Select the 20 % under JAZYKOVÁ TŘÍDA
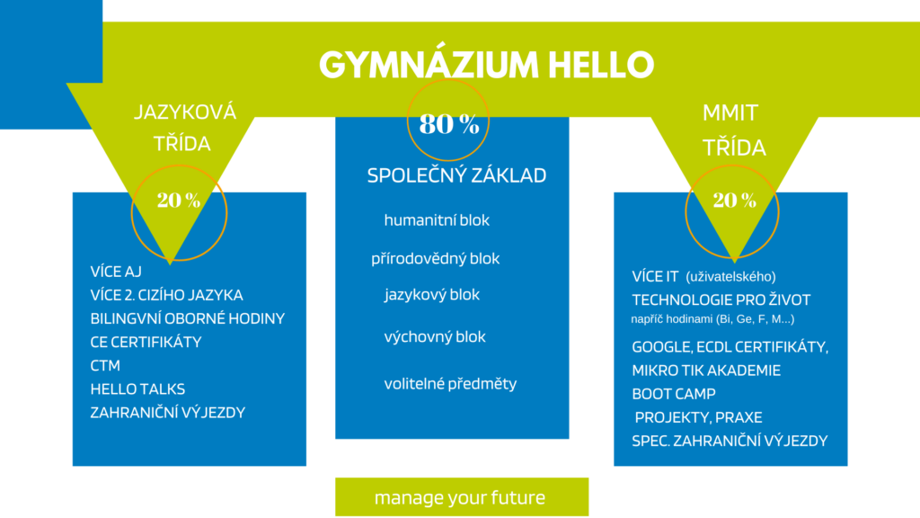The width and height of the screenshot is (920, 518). tap(179, 201)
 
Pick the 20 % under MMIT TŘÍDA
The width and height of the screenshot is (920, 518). tap(735, 201)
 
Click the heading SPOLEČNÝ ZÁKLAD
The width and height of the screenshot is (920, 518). tap(456, 175)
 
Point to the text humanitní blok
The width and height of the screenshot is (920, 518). tap(437, 220)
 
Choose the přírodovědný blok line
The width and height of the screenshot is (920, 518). tap(436, 258)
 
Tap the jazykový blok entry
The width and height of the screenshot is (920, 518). tap(432, 295)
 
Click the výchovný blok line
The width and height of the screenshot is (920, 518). tap(435, 337)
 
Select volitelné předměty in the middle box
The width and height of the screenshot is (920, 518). tap(451, 383)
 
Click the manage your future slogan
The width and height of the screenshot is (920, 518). tap(460, 497)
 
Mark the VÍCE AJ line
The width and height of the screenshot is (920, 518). tap(116, 272)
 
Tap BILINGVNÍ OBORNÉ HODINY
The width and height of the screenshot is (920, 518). tap(187, 318)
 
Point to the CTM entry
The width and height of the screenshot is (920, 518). tap(105, 365)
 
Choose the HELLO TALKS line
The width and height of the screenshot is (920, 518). tap(137, 388)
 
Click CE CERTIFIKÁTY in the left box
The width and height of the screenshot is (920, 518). tap(146, 342)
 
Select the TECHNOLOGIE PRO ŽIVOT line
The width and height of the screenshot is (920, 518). tap(721, 299)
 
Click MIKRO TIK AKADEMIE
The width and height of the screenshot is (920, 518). tap(706, 370)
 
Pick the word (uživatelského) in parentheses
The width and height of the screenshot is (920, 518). tap(730, 277)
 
